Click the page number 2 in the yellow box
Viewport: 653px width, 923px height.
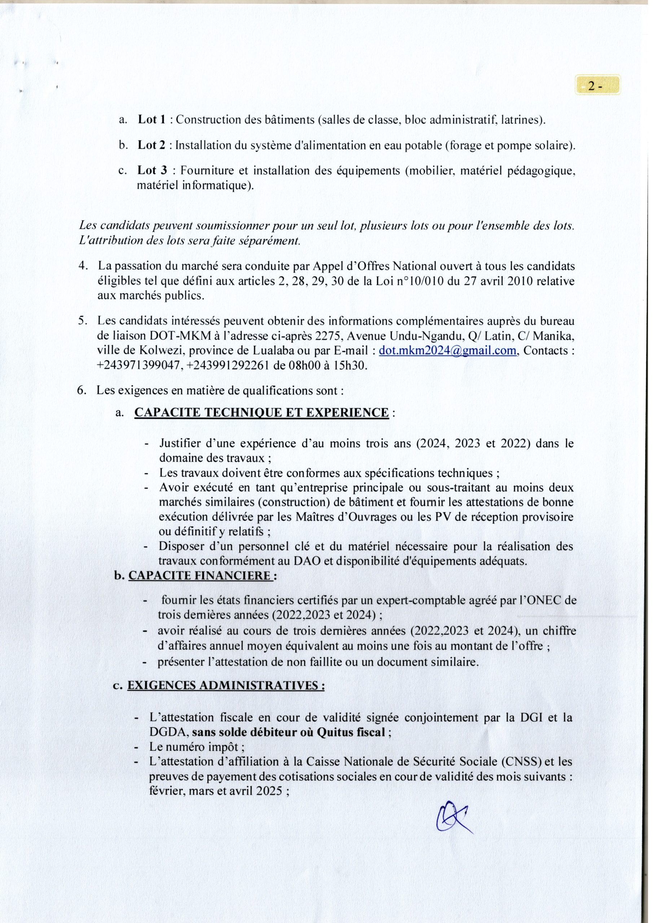point(594,86)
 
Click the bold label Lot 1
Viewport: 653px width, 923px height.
point(152,120)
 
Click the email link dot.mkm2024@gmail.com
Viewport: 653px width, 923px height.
point(447,350)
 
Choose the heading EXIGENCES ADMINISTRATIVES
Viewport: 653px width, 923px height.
point(226,685)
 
